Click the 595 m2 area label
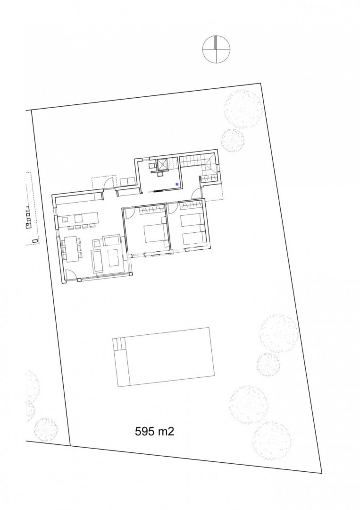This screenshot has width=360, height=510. [155, 431]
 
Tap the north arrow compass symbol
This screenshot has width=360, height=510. [216, 50]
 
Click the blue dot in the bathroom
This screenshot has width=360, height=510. [177, 184]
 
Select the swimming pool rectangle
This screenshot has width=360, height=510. [164, 357]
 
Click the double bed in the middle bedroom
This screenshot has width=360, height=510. [153, 230]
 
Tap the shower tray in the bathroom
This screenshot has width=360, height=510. [162, 164]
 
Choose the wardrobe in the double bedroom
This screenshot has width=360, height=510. [151, 210]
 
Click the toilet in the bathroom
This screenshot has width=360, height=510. [152, 166]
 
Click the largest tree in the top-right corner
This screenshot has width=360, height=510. [243, 109]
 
